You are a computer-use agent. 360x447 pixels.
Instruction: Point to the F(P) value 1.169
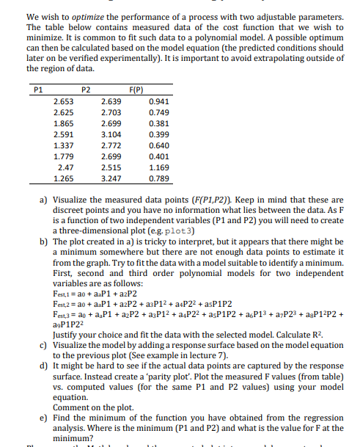(158, 167)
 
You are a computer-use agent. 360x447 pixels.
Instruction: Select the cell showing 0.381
(158, 124)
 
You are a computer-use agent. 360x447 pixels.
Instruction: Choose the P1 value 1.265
(64, 178)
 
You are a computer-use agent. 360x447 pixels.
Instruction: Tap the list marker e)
(43, 416)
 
